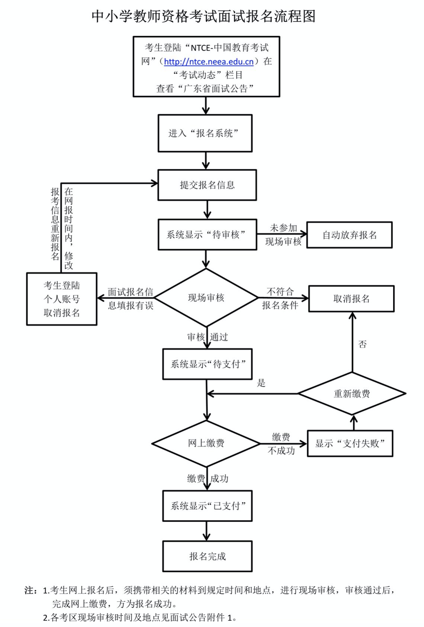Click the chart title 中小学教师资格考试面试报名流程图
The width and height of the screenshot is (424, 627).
tap(203, 16)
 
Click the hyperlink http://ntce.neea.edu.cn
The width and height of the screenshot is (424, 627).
tap(209, 61)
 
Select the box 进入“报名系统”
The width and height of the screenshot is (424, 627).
tap(205, 133)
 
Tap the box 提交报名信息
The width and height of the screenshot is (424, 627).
tap(207, 185)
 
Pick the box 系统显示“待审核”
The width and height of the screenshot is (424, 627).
tap(207, 235)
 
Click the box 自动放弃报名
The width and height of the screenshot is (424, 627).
tap(349, 235)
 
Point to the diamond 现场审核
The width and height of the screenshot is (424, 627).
tap(206, 298)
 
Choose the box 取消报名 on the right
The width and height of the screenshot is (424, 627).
tap(351, 299)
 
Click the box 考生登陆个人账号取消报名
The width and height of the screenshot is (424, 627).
tap(62, 299)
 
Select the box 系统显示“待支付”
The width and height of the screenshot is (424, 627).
tap(207, 364)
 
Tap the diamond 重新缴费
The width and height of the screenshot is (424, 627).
tap(352, 393)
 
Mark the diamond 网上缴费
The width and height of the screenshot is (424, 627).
tap(206, 443)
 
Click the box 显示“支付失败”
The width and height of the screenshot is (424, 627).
tap(350, 443)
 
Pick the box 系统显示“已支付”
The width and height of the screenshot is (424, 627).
tap(207, 506)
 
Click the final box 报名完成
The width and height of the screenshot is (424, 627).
tap(207, 556)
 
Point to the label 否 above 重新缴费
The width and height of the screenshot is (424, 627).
tap(362, 344)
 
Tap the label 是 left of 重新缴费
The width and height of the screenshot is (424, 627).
tap(261, 383)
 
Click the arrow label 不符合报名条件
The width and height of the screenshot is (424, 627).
tap(280, 299)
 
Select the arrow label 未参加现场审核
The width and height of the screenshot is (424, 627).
tap(283, 235)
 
